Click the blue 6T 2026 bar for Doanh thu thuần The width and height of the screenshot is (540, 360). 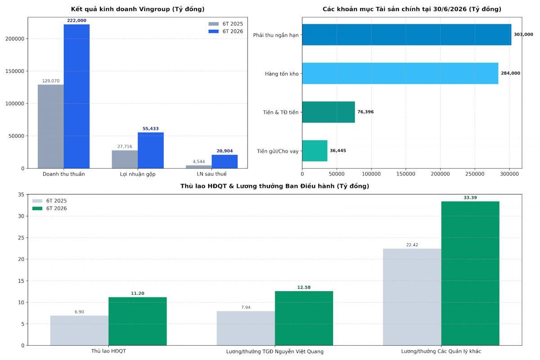pyautogui.click(x=76, y=96)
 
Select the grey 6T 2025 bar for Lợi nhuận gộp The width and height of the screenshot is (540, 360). pyautogui.click(x=125, y=159)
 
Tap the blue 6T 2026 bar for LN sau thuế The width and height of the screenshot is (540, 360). pyautogui.click(x=225, y=162)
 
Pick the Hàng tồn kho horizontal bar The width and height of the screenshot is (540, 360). pyautogui.click(x=400, y=73)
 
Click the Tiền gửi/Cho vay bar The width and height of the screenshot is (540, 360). pyautogui.click(x=315, y=151)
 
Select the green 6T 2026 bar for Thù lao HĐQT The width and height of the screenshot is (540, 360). pyautogui.click(x=138, y=321)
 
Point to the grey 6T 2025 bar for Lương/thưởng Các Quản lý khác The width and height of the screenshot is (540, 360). pyautogui.click(x=412, y=297)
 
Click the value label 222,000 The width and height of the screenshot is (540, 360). pyautogui.click(x=76, y=21)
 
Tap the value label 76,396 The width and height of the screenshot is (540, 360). pyautogui.click(x=365, y=112)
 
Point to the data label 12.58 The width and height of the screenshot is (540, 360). pyautogui.click(x=304, y=288)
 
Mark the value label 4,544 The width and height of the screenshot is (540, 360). pyautogui.click(x=198, y=162)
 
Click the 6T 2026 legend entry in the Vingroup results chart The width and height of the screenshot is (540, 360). pyautogui.click(x=226, y=31)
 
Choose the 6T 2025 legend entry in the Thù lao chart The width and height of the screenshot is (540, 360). pyautogui.click(x=49, y=201)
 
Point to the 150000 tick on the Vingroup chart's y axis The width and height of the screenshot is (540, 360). pyautogui.click(x=15, y=71)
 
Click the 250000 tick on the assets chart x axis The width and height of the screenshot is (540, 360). pyautogui.click(x=475, y=174)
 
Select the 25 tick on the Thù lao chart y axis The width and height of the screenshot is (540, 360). pyautogui.click(x=21, y=238)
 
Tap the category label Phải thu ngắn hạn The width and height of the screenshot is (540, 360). pyautogui.click(x=276, y=35)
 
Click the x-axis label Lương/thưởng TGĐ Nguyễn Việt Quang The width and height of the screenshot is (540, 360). pyautogui.click(x=275, y=351)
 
